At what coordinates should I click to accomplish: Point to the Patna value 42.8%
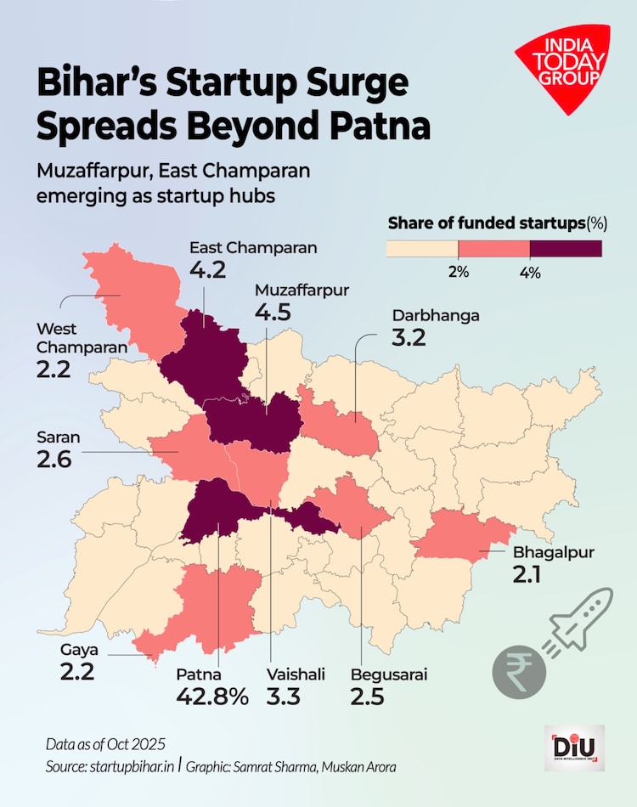pos(212,697)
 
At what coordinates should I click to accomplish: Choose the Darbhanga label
pos(435,315)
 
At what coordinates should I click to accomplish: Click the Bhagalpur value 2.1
pos(532,575)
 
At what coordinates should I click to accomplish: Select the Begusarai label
pos(389,676)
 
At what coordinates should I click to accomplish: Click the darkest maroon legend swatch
pos(566,248)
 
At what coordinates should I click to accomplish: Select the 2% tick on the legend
pos(459,271)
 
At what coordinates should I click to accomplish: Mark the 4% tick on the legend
pos(530,271)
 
